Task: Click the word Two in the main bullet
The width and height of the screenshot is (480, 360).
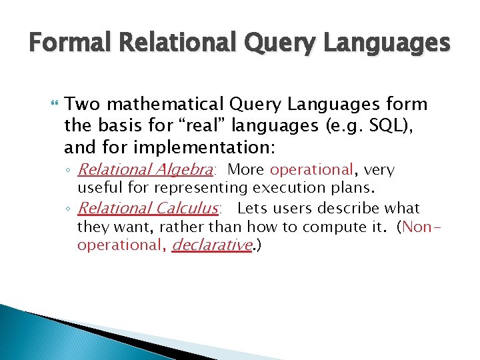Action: point(83,105)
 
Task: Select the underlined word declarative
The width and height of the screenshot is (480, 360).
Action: point(212,245)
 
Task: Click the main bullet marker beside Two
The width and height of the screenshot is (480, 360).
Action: point(54,105)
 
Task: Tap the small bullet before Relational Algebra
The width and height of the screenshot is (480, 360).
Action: point(69,171)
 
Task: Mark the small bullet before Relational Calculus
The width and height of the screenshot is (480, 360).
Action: point(69,209)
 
